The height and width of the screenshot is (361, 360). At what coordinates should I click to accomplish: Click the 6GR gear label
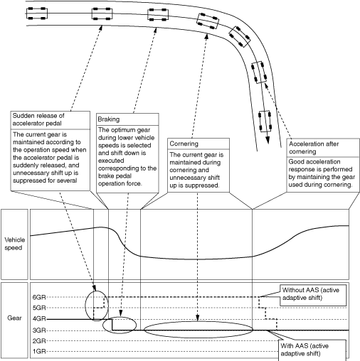tap(39, 297)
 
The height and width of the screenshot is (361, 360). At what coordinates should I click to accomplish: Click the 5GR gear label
tap(39, 308)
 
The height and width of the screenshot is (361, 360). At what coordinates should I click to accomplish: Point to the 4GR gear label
tap(39, 319)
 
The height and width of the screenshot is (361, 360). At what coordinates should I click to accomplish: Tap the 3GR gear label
tap(39, 330)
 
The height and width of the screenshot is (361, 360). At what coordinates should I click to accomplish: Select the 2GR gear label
tap(39, 341)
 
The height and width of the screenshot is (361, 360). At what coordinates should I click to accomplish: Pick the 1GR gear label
tap(39, 351)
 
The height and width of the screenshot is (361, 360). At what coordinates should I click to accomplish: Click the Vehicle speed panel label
tap(14, 244)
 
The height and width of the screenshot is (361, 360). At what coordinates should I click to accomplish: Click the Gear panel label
tap(14, 318)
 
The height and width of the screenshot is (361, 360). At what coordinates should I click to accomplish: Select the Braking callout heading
tap(109, 119)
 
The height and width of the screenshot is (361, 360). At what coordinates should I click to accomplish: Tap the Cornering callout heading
tap(184, 144)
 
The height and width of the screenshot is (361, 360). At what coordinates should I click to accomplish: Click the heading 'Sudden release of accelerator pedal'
tap(38, 119)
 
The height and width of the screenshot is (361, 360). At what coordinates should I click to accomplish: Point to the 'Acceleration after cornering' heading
tap(314, 148)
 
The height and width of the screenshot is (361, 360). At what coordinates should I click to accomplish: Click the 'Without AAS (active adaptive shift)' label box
tap(313, 296)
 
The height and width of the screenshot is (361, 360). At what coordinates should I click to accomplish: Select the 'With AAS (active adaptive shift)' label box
tap(312, 350)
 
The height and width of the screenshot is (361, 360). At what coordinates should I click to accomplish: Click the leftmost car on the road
tap(37, 14)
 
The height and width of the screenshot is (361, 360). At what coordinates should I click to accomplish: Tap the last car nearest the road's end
tap(265, 121)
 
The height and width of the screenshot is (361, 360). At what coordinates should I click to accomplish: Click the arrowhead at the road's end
tap(268, 141)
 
